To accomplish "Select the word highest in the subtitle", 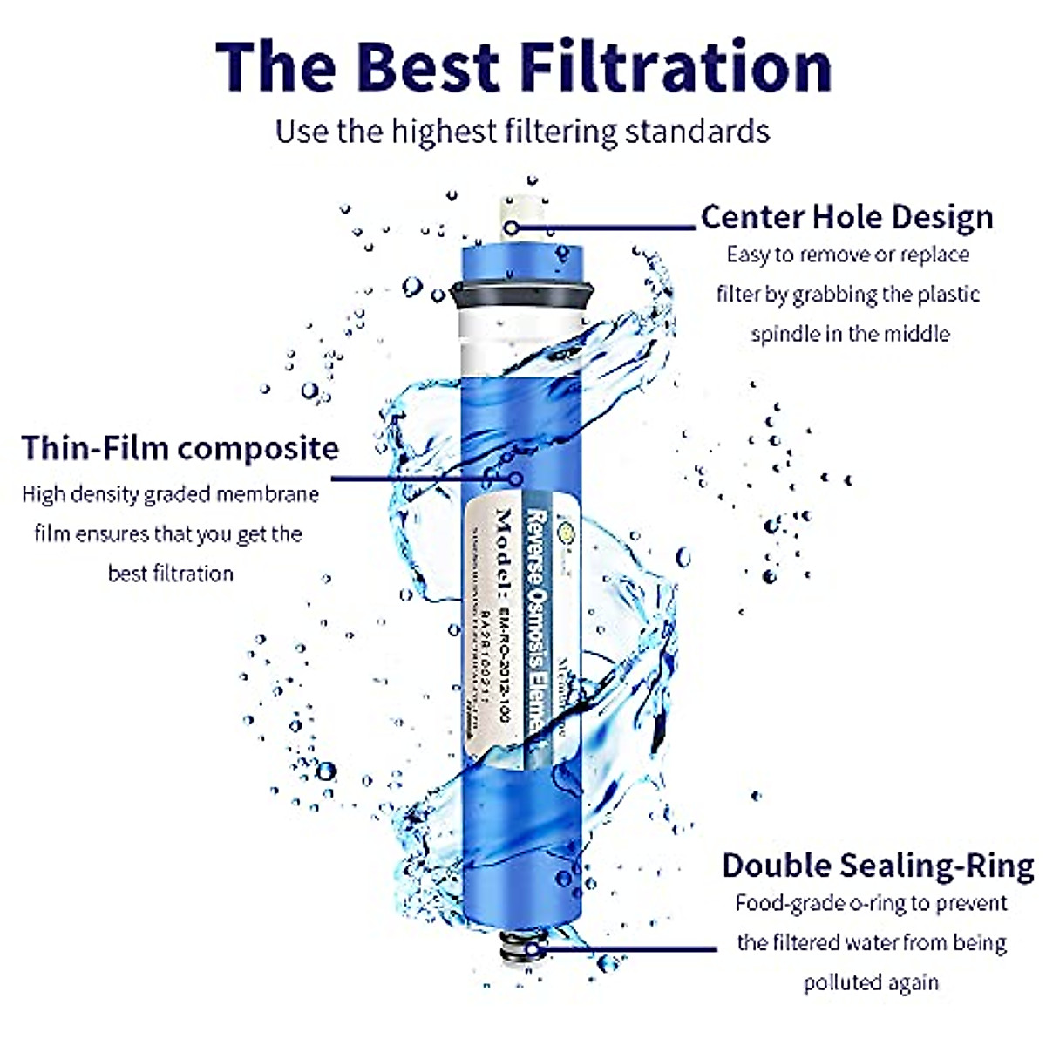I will point(445,132).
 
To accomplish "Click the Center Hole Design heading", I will point(846,216).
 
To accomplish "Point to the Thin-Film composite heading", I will point(180,447).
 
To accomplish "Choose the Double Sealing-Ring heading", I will point(878,865).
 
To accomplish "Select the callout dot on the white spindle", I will point(513,228).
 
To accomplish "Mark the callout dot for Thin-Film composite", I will point(516,478).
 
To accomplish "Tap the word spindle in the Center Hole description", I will point(788,334).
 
